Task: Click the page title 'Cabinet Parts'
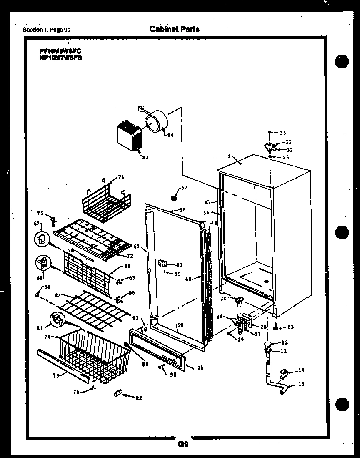[174, 29]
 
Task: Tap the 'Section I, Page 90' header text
[47, 30]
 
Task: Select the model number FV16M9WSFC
[58, 52]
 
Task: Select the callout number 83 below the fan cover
[145, 158]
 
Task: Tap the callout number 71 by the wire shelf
[121, 177]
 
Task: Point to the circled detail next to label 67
[41, 239]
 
